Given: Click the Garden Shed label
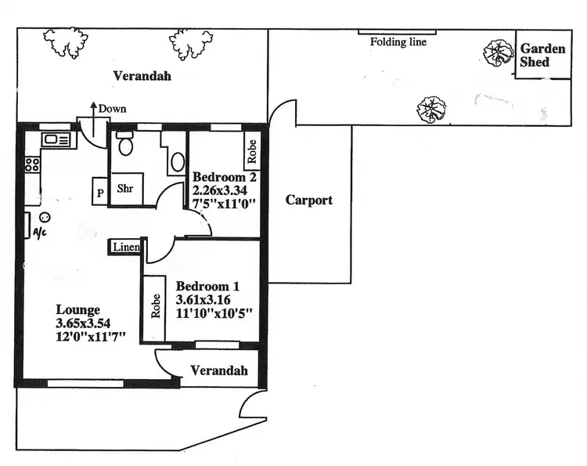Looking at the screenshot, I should (x=542, y=55).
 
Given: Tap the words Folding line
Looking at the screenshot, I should (x=398, y=42).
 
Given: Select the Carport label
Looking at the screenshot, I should (x=308, y=200).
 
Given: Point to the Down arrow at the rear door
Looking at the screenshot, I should (x=94, y=111).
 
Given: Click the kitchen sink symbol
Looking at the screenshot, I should (x=56, y=140).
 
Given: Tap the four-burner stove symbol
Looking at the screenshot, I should (x=33, y=164).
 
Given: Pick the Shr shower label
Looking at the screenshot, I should (x=125, y=189).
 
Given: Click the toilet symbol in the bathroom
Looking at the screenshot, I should (x=126, y=146).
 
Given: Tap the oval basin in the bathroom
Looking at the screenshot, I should (x=177, y=162).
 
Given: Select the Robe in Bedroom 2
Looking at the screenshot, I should (x=252, y=151).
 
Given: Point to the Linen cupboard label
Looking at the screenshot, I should (x=126, y=247).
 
